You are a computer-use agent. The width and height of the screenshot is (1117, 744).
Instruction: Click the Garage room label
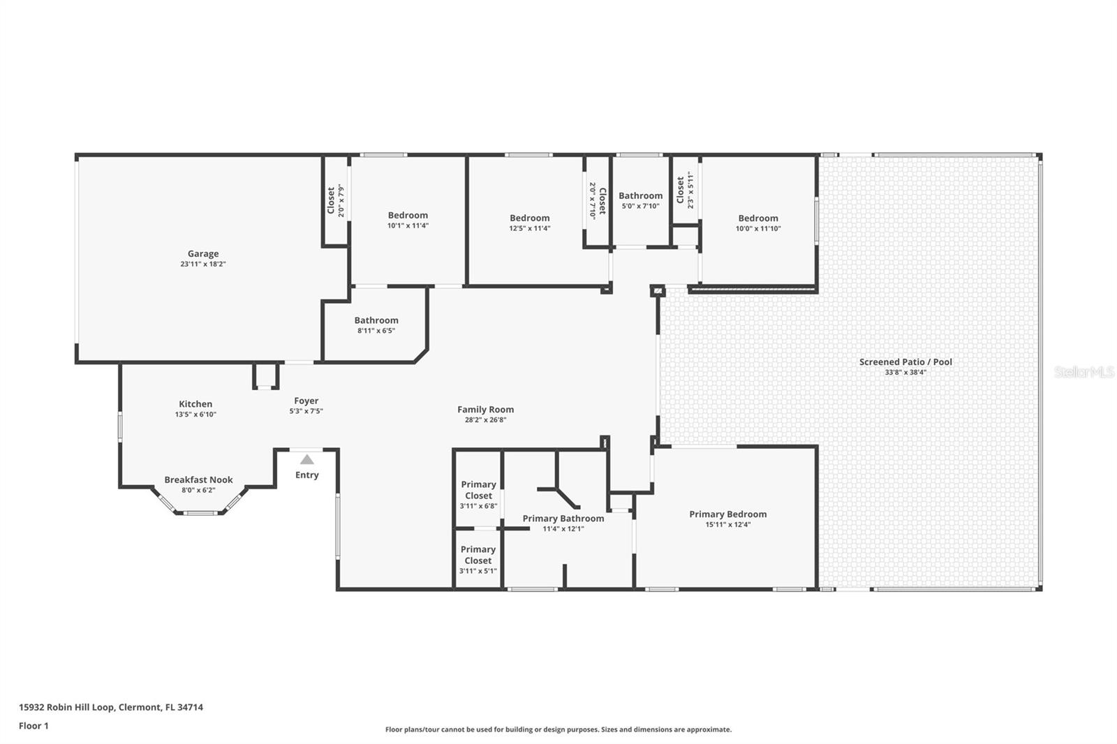(202, 254)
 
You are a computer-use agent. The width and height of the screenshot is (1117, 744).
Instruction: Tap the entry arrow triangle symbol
(307, 459)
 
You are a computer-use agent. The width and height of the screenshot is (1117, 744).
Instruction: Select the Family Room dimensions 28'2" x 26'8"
(485, 420)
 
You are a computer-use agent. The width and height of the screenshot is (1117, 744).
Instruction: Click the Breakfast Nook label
(198, 480)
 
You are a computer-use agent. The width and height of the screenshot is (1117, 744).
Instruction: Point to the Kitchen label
(195, 404)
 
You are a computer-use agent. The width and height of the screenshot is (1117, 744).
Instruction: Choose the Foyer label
(306, 401)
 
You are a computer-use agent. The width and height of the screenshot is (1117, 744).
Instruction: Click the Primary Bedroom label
(727, 514)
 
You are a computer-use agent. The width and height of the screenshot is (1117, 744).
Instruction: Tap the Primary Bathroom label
(563, 519)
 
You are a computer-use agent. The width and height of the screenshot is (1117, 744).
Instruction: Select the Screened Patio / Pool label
(905, 362)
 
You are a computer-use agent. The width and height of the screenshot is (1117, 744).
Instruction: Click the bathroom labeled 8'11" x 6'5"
(376, 325)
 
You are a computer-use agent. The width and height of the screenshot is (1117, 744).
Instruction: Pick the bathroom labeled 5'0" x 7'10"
(640, 200)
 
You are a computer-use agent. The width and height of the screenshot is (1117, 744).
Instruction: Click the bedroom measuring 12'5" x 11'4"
(529, 223)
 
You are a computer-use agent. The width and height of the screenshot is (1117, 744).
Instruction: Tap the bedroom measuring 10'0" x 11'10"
(757, 223)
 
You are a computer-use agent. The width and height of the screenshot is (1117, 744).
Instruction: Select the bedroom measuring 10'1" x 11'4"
(408, 220)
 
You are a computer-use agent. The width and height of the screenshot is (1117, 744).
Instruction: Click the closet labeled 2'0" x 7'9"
(336, 200)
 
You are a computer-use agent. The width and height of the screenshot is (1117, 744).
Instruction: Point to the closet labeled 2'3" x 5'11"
(685, 190)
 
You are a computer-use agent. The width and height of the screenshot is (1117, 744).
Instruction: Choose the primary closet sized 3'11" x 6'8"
(478, 494)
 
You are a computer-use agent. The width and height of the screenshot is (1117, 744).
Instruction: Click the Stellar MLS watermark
(1083, 372)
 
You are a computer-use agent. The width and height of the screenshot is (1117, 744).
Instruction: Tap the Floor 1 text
(34, 726)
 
